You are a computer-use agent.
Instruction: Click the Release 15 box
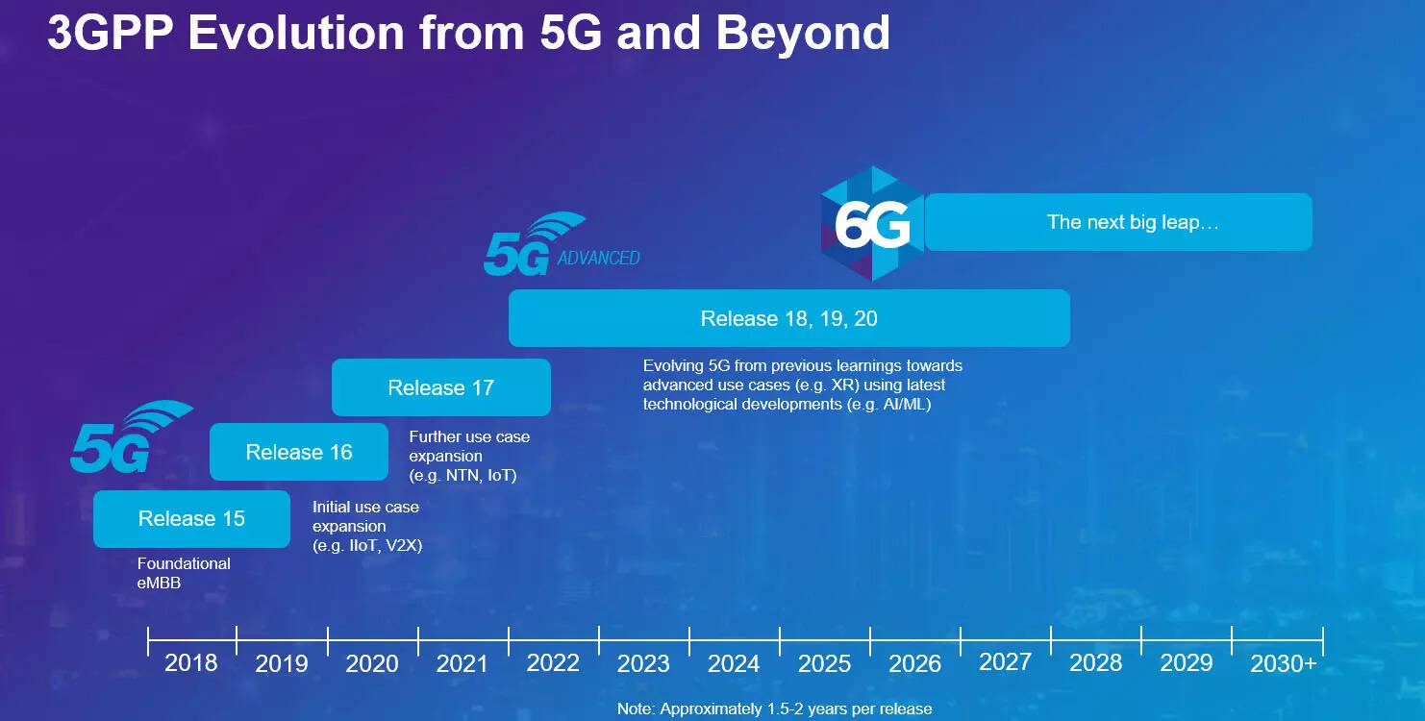[x=191, y=519]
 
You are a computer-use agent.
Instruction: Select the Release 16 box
[x=299, y=452]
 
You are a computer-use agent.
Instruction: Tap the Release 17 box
[x=440, y=387]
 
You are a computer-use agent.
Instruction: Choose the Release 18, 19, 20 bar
[x=788, y=318]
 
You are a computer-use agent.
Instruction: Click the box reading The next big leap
[x=1118, y=222]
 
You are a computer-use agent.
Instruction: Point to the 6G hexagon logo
[x=872, y=224]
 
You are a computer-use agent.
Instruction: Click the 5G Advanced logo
[x=561, y=246]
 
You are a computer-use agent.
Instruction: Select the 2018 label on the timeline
[x=191, y=663]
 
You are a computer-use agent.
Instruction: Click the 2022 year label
[x=553, y=663]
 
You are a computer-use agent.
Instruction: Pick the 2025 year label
[x=824, y=663]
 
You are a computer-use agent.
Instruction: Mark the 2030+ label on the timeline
[x=1283, y=663]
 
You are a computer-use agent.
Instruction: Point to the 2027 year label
[x=1005, y=661]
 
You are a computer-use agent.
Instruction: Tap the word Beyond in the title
[x=803, y=34]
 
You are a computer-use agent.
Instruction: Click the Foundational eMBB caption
[x=184, y=572]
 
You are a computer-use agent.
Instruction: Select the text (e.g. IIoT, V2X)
[x=367, y=546]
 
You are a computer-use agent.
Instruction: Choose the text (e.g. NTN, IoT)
[x=462, y=475]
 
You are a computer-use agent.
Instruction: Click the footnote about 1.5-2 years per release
[x=774, y=709]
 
